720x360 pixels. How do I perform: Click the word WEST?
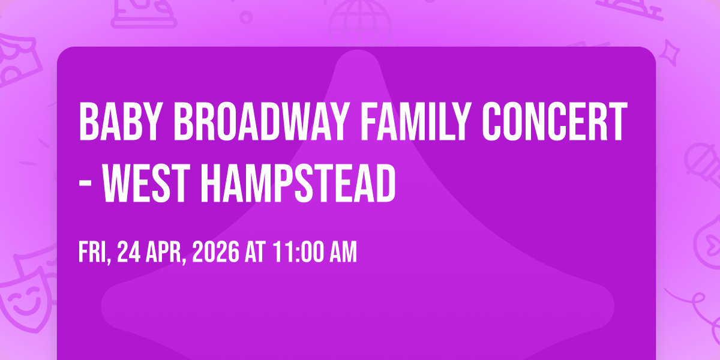pyautogui.click(x=146, y=183)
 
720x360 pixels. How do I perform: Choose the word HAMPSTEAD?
pyautogui.click(x=298, y=183)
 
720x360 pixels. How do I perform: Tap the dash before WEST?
pyautogui.click(x=85, y=185)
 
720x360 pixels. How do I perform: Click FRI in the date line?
pyautogui.click(x=95, y=253)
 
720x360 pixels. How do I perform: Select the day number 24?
pyautogui.click(x=129, y=252)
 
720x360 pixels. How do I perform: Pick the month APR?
pyautogui.click(x=166, y=253)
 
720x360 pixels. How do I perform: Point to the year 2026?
pyautogui.click(x=215, y=252)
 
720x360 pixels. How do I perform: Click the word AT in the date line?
pyautogui.click(x=255, y=252)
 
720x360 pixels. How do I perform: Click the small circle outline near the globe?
pyautogui.click(x=246, y=17)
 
